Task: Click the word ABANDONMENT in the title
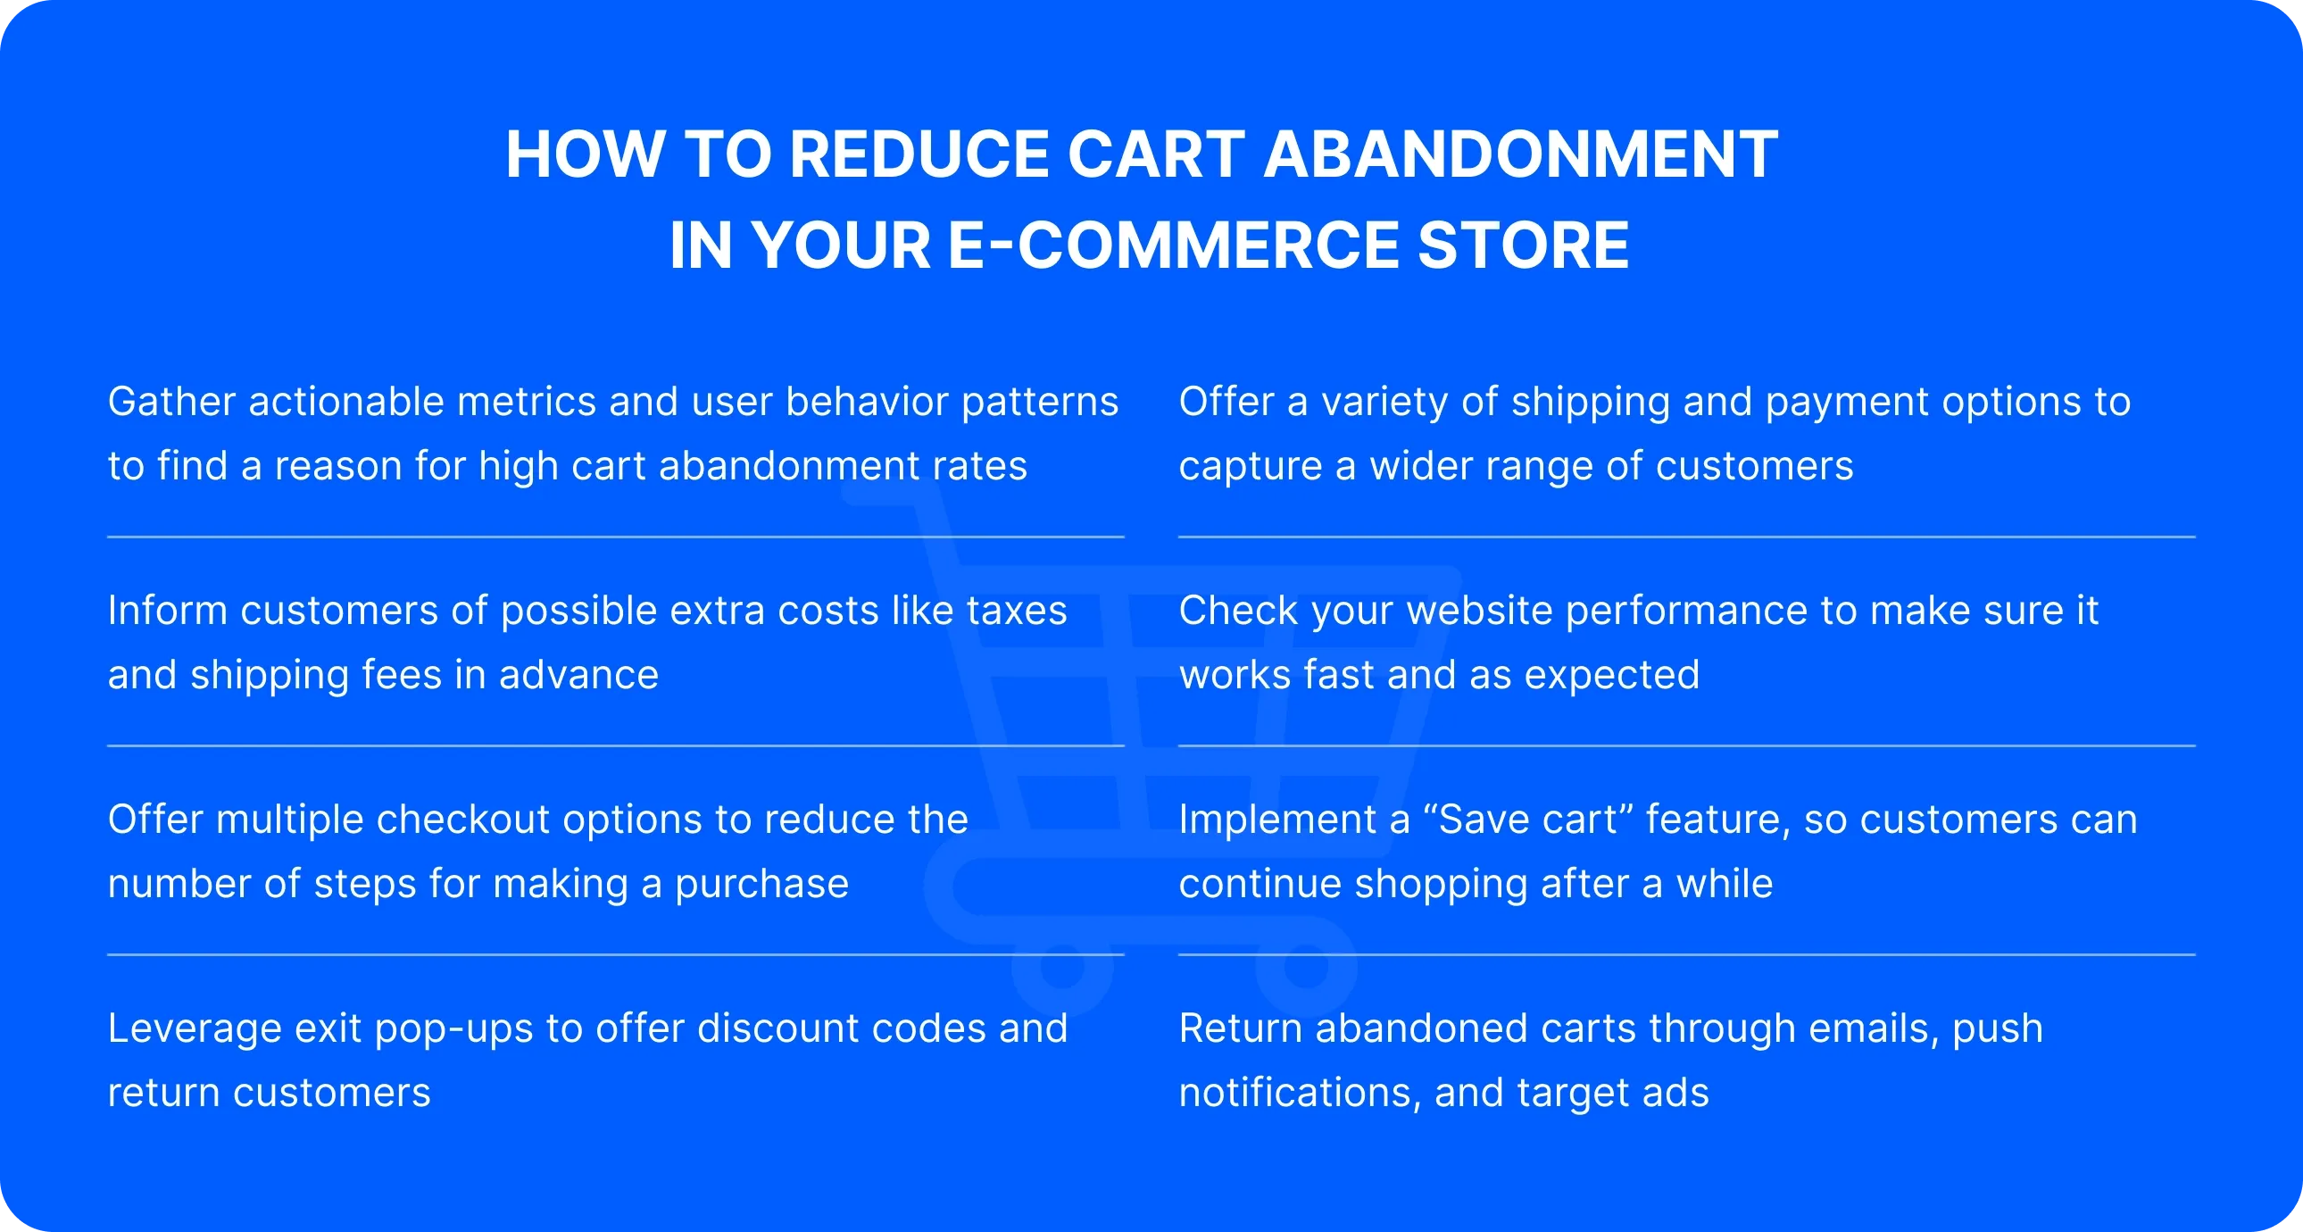click(x=1520, y=154)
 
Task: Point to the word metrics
click(x=526, y=403)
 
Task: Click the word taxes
click(x=1017, y=612)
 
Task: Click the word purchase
click(x=761, y=885)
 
